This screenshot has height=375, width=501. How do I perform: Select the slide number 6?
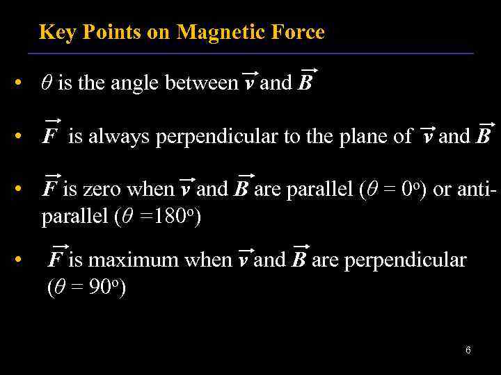point(468,350)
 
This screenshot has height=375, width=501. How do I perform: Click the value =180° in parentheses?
point(167,217)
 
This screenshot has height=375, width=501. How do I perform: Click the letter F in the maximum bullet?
point(56,260)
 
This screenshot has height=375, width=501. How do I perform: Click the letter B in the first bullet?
point(305,84)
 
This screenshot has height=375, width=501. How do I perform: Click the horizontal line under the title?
point(250,53)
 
